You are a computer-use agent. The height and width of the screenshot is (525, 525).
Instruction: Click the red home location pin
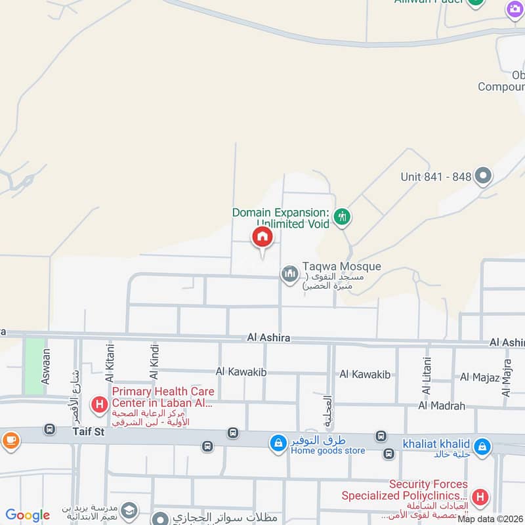[262, 238]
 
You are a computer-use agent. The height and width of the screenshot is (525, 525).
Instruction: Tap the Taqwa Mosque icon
[289, 274]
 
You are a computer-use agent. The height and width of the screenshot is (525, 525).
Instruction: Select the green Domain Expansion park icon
[341, 216]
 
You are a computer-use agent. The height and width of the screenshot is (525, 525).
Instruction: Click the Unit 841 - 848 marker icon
[484, 176]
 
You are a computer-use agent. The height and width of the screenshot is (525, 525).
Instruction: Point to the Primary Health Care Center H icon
[99, 404]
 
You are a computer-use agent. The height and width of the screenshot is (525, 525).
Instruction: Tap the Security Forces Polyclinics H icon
[480, 498]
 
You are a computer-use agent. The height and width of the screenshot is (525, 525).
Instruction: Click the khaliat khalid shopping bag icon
[482, 447]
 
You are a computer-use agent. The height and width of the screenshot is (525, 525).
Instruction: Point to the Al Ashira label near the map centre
[268, 338]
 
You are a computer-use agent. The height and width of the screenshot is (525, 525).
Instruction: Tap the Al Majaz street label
[480, 377]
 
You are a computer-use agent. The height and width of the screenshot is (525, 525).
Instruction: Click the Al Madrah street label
[441, 406]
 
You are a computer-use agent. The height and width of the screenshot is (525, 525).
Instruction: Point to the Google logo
[28, 515]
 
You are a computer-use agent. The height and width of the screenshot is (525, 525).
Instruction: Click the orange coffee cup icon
[10, 440]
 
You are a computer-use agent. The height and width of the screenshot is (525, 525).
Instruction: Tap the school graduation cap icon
[129, 510]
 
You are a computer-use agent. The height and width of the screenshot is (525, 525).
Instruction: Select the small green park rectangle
[33, 357]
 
